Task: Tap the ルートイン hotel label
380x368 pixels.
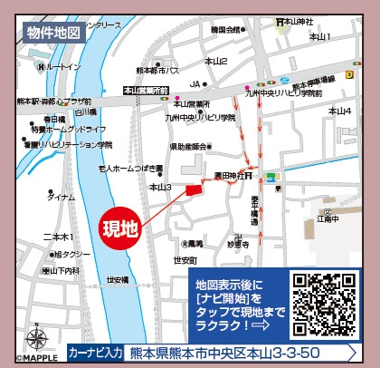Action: point(61,68)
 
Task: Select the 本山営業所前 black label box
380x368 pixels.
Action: point(147,91)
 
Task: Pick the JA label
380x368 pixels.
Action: point(194,84)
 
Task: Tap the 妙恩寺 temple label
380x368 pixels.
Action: point(237,243)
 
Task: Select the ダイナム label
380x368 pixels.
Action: point(62,197)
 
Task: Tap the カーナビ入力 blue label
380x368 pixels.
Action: point(94,351)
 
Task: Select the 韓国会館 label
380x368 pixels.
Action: point(225,30)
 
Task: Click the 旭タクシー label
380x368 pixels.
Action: point(68,255)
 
